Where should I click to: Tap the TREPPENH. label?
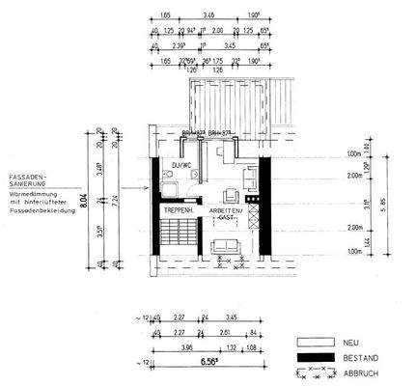tap(179, 210)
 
